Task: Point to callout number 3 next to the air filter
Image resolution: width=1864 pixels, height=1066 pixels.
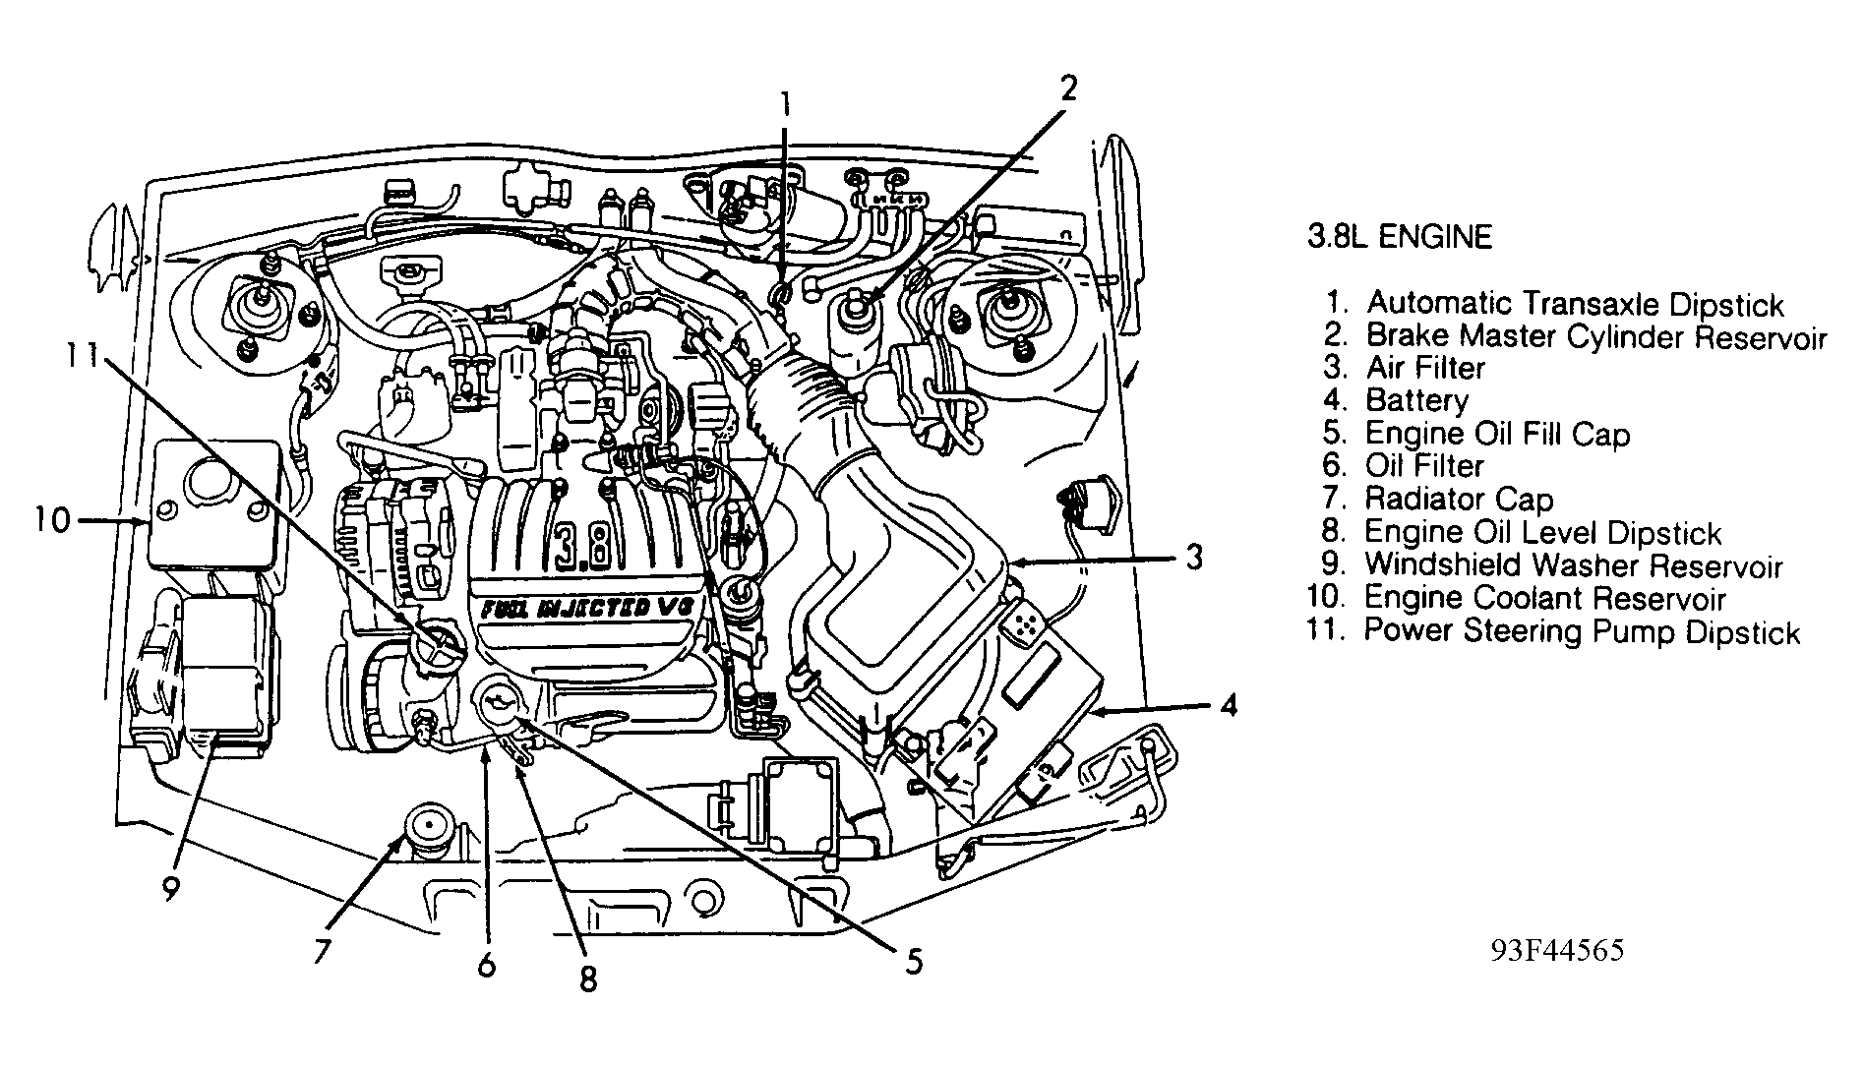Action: (1193, 559)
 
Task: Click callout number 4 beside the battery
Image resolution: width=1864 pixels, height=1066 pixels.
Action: (1227, 705)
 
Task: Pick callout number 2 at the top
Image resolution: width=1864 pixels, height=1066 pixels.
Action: (1067, 89)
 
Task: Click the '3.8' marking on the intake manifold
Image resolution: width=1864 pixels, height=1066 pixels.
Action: (587, 548)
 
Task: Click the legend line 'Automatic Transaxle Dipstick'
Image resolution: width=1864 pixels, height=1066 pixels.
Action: (1574, 304)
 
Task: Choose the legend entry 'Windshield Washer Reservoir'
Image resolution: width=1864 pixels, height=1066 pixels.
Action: (1573, 565)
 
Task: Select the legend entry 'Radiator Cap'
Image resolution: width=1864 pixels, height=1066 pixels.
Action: (1459, 500)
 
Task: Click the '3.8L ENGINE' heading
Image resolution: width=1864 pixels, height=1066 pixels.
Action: (1399, 237)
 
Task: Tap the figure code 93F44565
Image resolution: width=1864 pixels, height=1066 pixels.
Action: (1556, 950)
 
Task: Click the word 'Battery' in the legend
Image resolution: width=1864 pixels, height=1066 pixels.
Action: (1416, 401)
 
